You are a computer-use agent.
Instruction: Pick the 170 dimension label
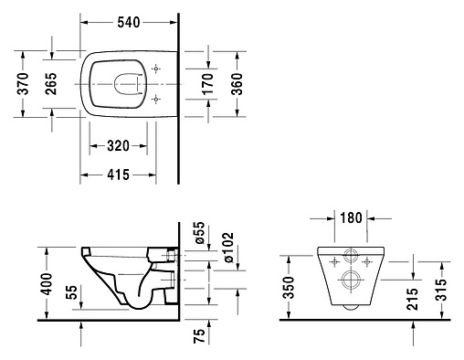click(209, 83)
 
